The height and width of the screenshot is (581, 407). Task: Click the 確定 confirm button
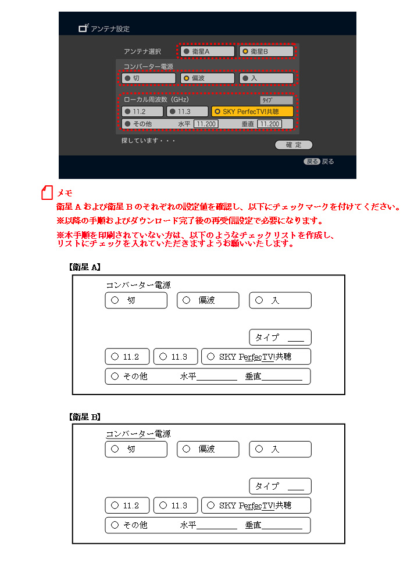294,145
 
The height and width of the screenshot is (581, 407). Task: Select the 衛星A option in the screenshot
207,52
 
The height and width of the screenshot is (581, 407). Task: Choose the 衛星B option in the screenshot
266,52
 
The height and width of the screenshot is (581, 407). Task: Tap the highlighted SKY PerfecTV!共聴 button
252,112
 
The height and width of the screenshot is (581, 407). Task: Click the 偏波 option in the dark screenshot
207,78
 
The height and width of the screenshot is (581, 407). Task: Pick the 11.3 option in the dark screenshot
187,112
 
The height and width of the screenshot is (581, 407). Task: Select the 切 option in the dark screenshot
148,78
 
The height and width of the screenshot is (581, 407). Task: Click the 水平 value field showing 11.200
206,124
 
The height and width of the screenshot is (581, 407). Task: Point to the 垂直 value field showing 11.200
269,124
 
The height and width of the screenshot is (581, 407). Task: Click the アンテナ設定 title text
110,28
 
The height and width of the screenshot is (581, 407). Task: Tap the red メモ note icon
47,193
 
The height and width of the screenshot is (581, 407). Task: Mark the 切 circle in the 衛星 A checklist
115,300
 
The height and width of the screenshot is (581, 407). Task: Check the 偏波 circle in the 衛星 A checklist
187,300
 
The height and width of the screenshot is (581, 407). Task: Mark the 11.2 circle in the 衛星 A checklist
115,357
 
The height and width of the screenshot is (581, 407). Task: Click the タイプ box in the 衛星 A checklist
280,337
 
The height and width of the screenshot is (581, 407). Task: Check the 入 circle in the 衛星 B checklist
259,449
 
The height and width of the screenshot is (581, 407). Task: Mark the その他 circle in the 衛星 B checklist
115,525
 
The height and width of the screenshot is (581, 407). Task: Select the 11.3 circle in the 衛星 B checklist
163,505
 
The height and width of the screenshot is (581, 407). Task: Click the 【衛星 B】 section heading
85,417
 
